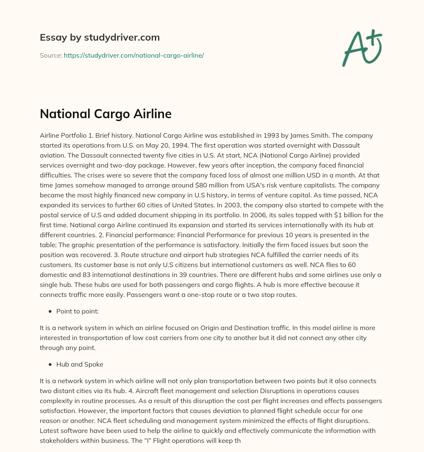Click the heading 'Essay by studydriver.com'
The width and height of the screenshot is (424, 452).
click(99, 37)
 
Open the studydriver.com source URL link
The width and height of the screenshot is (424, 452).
click(134, 55)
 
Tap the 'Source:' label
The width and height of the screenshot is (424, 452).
click(51, 55)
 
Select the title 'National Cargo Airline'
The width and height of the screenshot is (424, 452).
click(106, 114)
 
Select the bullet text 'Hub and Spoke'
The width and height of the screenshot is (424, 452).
click(79, 365)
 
